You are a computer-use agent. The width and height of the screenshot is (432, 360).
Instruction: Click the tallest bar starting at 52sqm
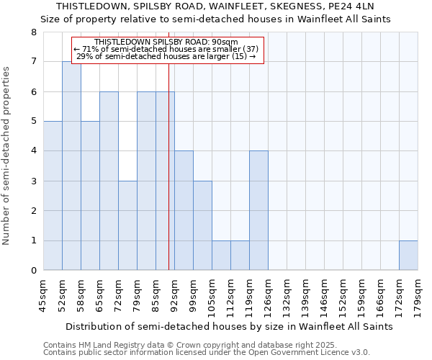click(71, 166)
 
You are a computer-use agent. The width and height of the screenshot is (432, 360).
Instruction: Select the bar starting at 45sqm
click(53, 196)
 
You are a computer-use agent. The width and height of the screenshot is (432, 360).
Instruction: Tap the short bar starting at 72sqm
click(127, 225)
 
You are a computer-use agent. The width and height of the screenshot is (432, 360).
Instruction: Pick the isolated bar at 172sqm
click(408, 256)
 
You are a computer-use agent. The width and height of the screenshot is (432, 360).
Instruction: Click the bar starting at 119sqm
click(258, 210)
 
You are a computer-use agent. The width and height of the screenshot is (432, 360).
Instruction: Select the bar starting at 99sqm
click(202, 225)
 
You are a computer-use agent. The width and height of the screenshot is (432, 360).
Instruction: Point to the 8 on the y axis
click(33, 32)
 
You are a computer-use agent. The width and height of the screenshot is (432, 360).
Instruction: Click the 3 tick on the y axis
click(33, 181)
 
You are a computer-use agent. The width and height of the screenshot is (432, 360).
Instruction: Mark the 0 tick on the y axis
click(33, 271)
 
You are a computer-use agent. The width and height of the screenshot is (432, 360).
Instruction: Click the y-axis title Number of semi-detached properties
click(7, 156)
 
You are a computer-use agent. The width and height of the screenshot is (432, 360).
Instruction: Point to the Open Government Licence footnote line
click(206, 353)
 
